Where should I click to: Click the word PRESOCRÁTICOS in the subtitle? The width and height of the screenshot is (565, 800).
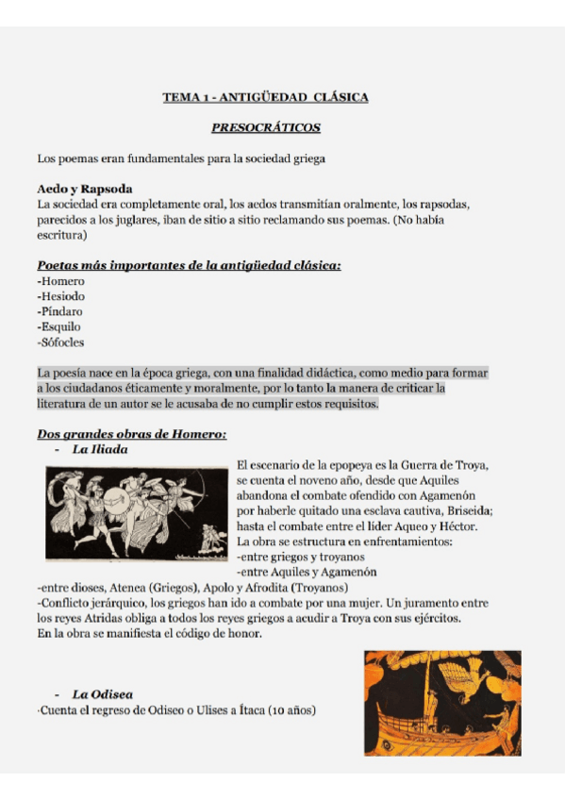click(265, 127)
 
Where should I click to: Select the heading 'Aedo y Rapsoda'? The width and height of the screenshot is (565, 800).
click(83, 189)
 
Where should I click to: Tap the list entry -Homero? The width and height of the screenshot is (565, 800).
click(60, 281)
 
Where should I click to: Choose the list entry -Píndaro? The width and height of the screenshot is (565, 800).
click(61, 311)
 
